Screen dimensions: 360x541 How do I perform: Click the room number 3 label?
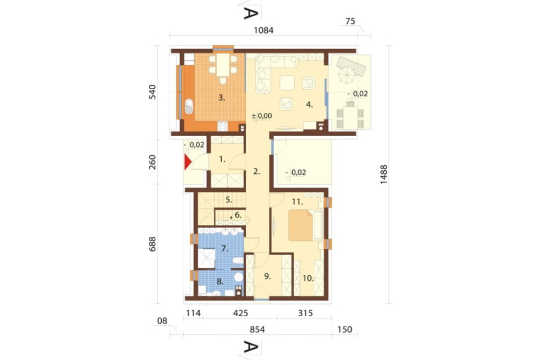(x=221, y=98)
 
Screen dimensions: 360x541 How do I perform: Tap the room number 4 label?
(x=309, y=105)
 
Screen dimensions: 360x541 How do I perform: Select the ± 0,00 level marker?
(x=262, y=115)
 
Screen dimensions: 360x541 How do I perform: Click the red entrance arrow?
(x=188, y=162)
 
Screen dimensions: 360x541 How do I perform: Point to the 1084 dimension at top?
(x=264, y=30)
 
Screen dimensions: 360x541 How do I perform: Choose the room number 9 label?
(x=267, y=276)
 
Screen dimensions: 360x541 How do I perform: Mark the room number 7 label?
(x=224, y=249)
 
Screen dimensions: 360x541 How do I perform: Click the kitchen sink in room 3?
(x=189, y=106)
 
